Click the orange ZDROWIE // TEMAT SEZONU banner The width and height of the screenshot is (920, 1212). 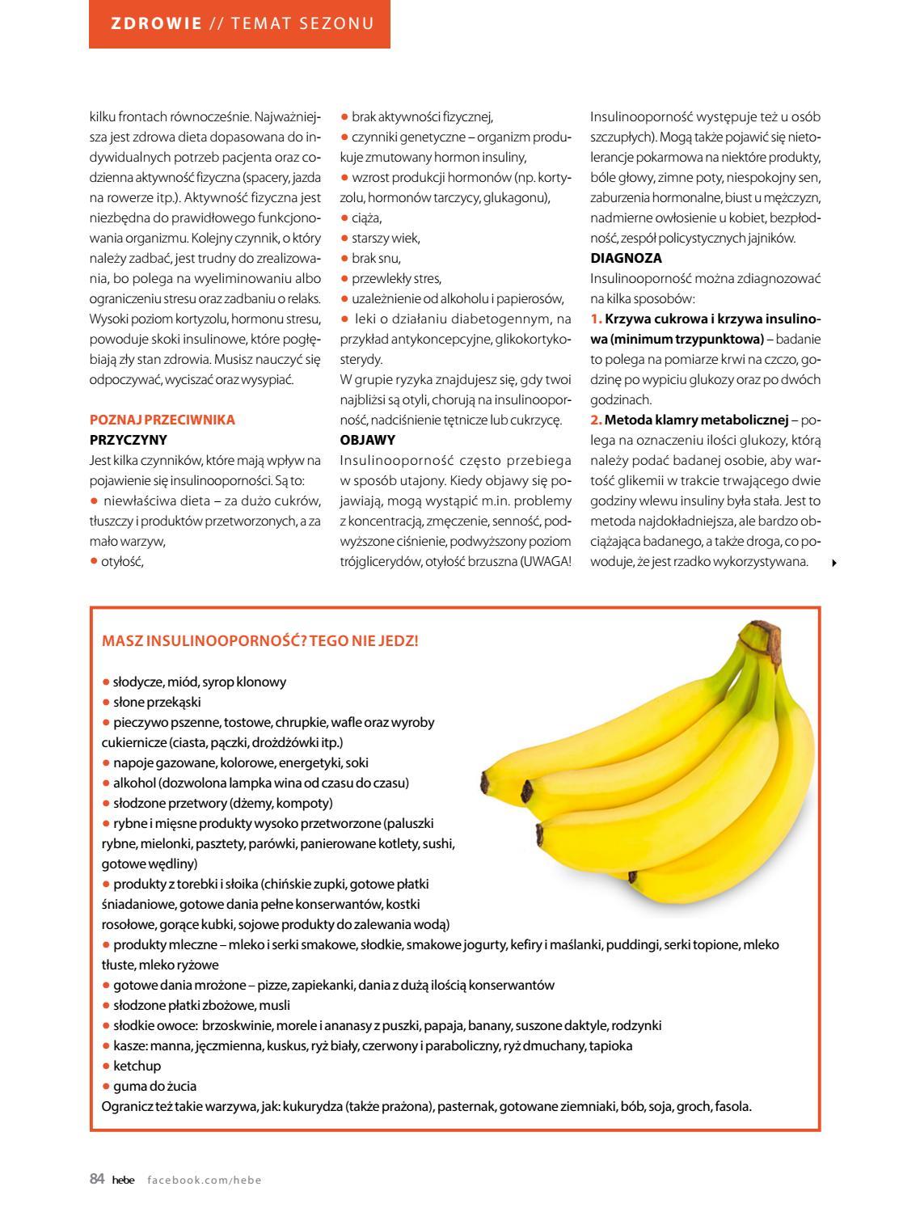239,23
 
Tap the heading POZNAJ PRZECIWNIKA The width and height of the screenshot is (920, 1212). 162,420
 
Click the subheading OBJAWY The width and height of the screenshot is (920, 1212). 368,440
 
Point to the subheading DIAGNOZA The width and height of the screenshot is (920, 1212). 626,258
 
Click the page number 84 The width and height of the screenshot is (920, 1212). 97,1180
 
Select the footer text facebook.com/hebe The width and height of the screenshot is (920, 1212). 205,1180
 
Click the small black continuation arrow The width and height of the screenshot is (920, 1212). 833,563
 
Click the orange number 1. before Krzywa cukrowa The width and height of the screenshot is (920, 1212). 596,319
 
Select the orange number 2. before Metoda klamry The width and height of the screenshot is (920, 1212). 596,420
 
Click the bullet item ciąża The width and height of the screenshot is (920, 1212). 366,217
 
